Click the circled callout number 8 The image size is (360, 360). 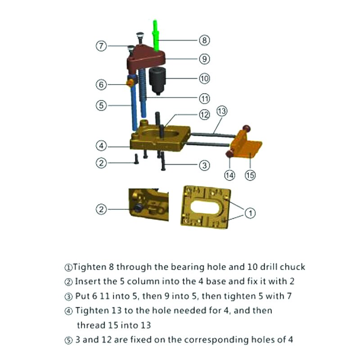(x=204, y=40)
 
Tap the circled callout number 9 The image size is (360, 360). (x=204, y=58)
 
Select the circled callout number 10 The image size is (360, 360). (x=204, y=78)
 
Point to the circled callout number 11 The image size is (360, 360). (x=204, y=98)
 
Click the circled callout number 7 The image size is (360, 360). (x=102, y=46)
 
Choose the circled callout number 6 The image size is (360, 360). (x=102, y=84)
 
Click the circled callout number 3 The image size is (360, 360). (x=204, y=165)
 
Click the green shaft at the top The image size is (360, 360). (x=156, y=34)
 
